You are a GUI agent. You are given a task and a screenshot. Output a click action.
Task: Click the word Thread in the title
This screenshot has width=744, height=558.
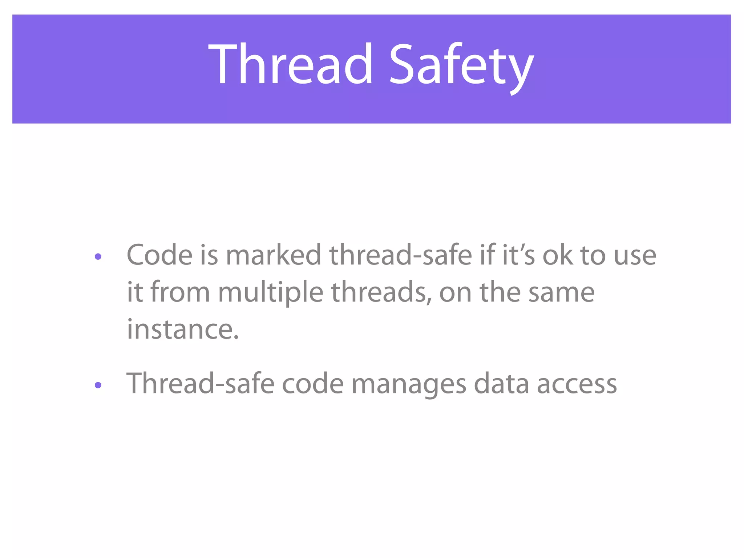291,64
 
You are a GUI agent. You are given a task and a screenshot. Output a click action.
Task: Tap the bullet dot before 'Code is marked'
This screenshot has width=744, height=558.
98,257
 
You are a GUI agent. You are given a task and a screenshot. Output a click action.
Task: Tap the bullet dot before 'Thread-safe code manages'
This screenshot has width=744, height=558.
98,385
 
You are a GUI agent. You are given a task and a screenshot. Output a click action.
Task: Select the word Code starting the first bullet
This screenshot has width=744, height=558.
159,255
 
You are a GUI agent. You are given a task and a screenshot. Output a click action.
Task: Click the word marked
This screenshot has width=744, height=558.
273,255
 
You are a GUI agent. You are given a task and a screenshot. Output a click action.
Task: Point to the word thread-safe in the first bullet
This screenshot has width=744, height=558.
400,255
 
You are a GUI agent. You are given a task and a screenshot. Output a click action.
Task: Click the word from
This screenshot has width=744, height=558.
180,292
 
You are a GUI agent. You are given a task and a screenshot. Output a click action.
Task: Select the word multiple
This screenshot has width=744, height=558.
270,292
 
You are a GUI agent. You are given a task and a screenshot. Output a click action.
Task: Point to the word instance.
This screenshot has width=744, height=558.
182,329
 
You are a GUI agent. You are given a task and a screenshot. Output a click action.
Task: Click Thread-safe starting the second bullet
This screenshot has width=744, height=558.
200,384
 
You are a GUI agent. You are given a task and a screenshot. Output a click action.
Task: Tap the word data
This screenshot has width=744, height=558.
501,384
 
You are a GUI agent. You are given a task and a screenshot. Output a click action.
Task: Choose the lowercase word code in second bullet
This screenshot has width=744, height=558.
313,384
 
